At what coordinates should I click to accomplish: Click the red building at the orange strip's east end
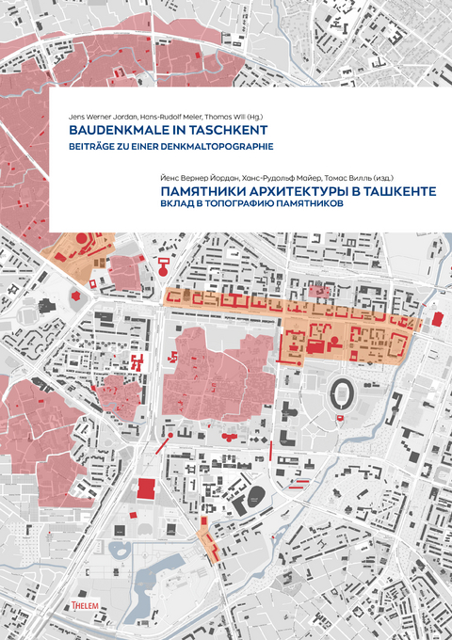436,319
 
